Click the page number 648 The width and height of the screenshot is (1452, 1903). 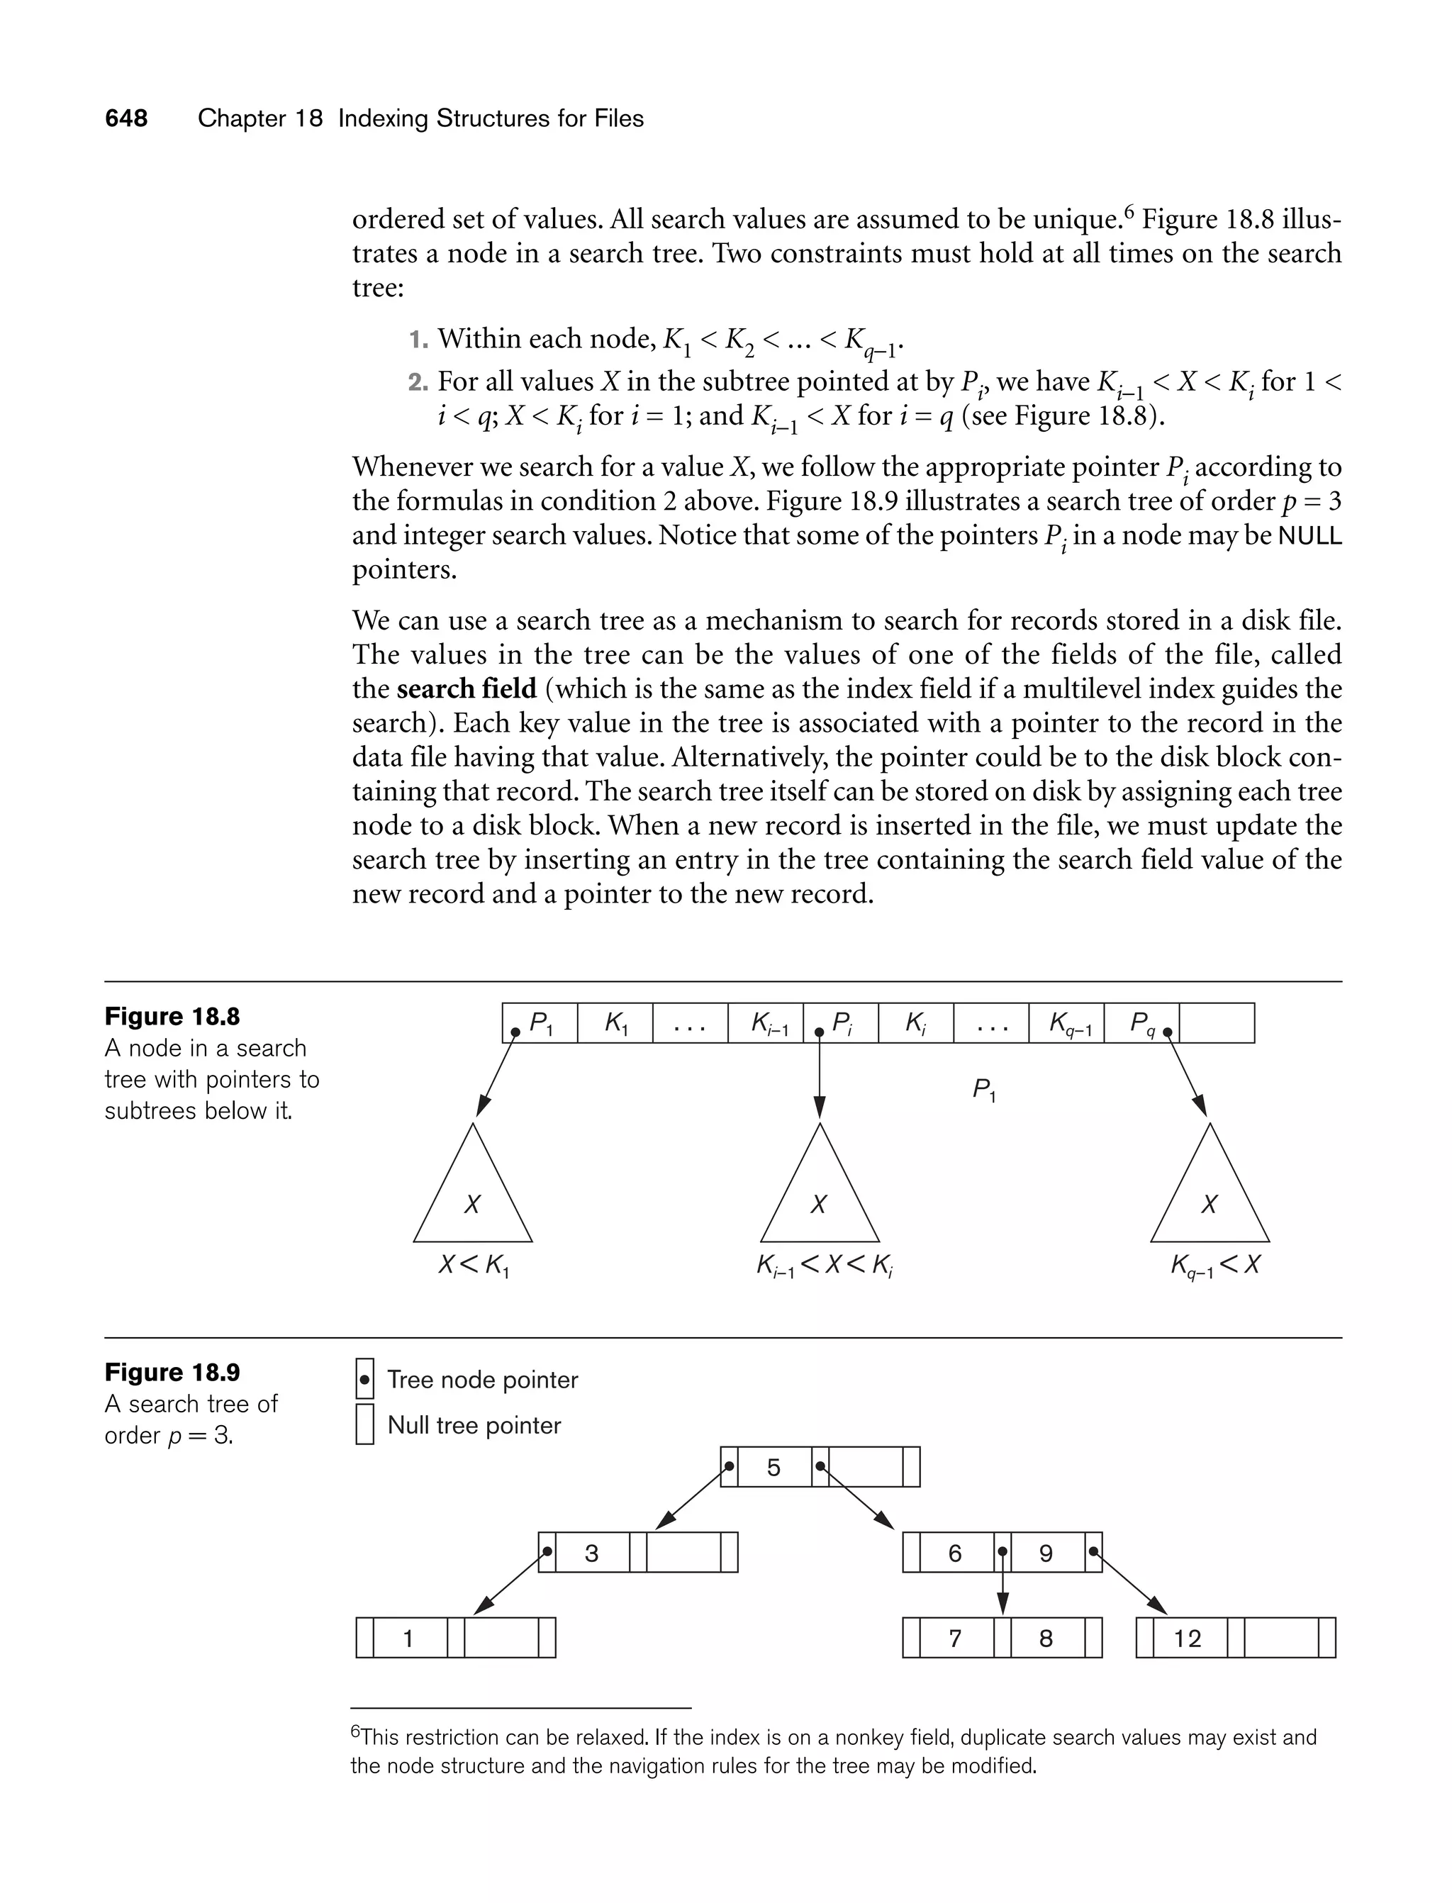126,118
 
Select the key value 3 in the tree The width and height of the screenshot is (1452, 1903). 592,1553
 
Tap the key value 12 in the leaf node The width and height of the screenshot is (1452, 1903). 1187,1639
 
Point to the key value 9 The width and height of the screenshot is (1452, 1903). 1046,1553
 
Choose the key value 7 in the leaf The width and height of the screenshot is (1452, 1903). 955,1639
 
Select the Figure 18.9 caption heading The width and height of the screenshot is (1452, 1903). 172,1373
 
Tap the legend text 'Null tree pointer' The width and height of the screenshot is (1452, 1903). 474,1425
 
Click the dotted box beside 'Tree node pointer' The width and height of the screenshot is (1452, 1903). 364,1380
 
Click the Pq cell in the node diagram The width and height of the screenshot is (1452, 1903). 1141,1023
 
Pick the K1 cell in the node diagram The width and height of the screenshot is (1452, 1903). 615,1023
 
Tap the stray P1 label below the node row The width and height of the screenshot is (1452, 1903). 983,1090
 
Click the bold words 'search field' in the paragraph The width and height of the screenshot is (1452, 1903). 467,688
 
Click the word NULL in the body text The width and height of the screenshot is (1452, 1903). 1309,536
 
